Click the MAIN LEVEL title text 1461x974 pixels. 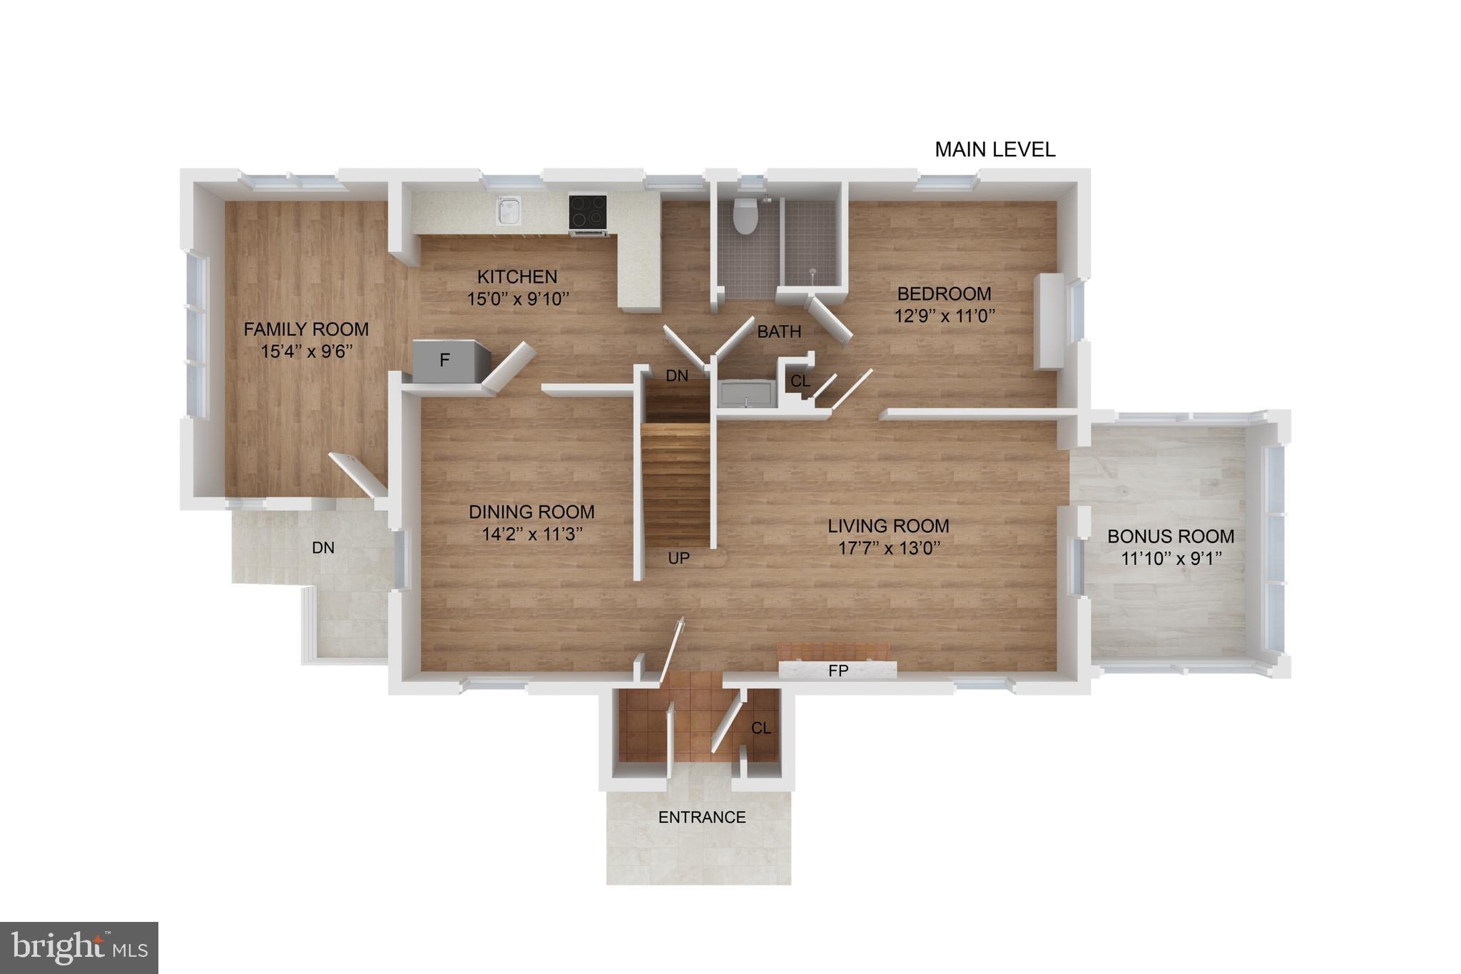(994, 150)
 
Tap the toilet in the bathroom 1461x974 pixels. (745, 215)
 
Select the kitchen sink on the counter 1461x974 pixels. (509, 210)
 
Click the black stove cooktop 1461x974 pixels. (588, 212)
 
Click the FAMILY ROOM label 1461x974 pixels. (306, 330)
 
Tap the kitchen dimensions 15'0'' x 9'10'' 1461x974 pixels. (519, 299)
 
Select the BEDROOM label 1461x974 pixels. (944, 294)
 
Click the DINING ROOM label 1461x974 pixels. (531, 512)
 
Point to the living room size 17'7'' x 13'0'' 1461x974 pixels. (889, 548)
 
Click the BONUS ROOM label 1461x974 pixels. (1171, 537)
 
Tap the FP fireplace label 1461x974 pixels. (838, 671)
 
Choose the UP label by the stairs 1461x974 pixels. (678, 559)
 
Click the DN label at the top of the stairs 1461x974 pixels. (676, 376)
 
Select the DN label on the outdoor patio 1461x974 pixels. (323, 548)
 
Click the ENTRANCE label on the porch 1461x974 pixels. (702, 818)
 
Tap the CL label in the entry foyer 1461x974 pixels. (760, 729)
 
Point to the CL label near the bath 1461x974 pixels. (800, 382)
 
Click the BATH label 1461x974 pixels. (779, 332)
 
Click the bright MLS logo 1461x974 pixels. (79, 948)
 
